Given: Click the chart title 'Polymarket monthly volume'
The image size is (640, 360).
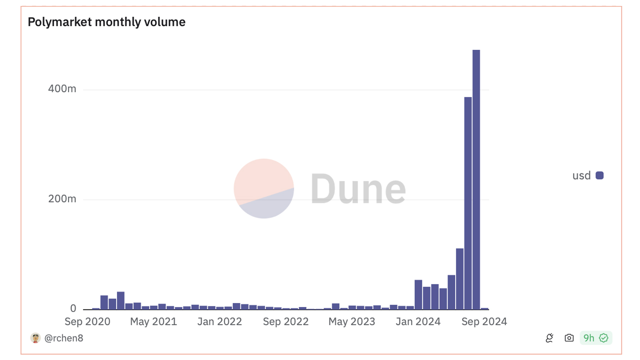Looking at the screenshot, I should tap(106, 22).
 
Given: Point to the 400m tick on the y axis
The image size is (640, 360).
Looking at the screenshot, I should tap(62, 89).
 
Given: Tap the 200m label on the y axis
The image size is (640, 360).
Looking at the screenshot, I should tap(62, 199).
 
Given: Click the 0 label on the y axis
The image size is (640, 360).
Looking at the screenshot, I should tap(73, 308).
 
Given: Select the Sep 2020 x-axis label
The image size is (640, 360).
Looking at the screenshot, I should tap(87, 321).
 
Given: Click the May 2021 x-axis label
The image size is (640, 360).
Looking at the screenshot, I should tap(153, 321).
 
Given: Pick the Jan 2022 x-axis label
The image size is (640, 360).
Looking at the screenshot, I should tap(219, 321).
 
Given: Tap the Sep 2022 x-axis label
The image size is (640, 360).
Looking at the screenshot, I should tap(285, 321).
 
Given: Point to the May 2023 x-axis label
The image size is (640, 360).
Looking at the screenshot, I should tap(351, 321).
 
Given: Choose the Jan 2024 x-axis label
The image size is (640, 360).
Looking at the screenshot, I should tap(417, 321).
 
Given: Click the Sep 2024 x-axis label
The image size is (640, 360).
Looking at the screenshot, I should tap(484, 321).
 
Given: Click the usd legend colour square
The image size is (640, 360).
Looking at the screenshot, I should tap(599, 175).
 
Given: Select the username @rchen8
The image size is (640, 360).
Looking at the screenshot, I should tap(64, 338).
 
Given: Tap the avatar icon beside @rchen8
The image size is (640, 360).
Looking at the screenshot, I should tap(35, 338).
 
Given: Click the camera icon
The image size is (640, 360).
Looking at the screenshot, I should tap(569, 338).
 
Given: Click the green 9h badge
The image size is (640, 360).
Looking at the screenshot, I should tap(596, 338).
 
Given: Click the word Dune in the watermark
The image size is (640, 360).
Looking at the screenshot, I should tap(358, 189).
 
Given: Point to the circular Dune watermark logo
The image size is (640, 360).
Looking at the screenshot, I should tap(264, 188).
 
